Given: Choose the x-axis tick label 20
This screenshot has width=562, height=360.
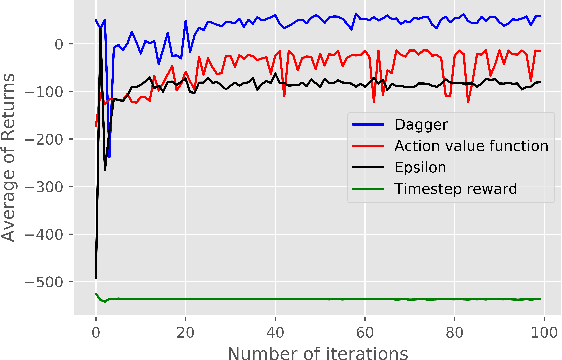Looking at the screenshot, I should pos(185,328).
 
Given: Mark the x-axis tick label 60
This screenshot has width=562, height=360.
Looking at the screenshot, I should pos(365,328).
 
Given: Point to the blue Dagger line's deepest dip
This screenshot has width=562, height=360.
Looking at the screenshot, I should pos(108,157).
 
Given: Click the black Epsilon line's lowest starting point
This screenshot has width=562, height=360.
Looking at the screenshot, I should pos(95,277).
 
